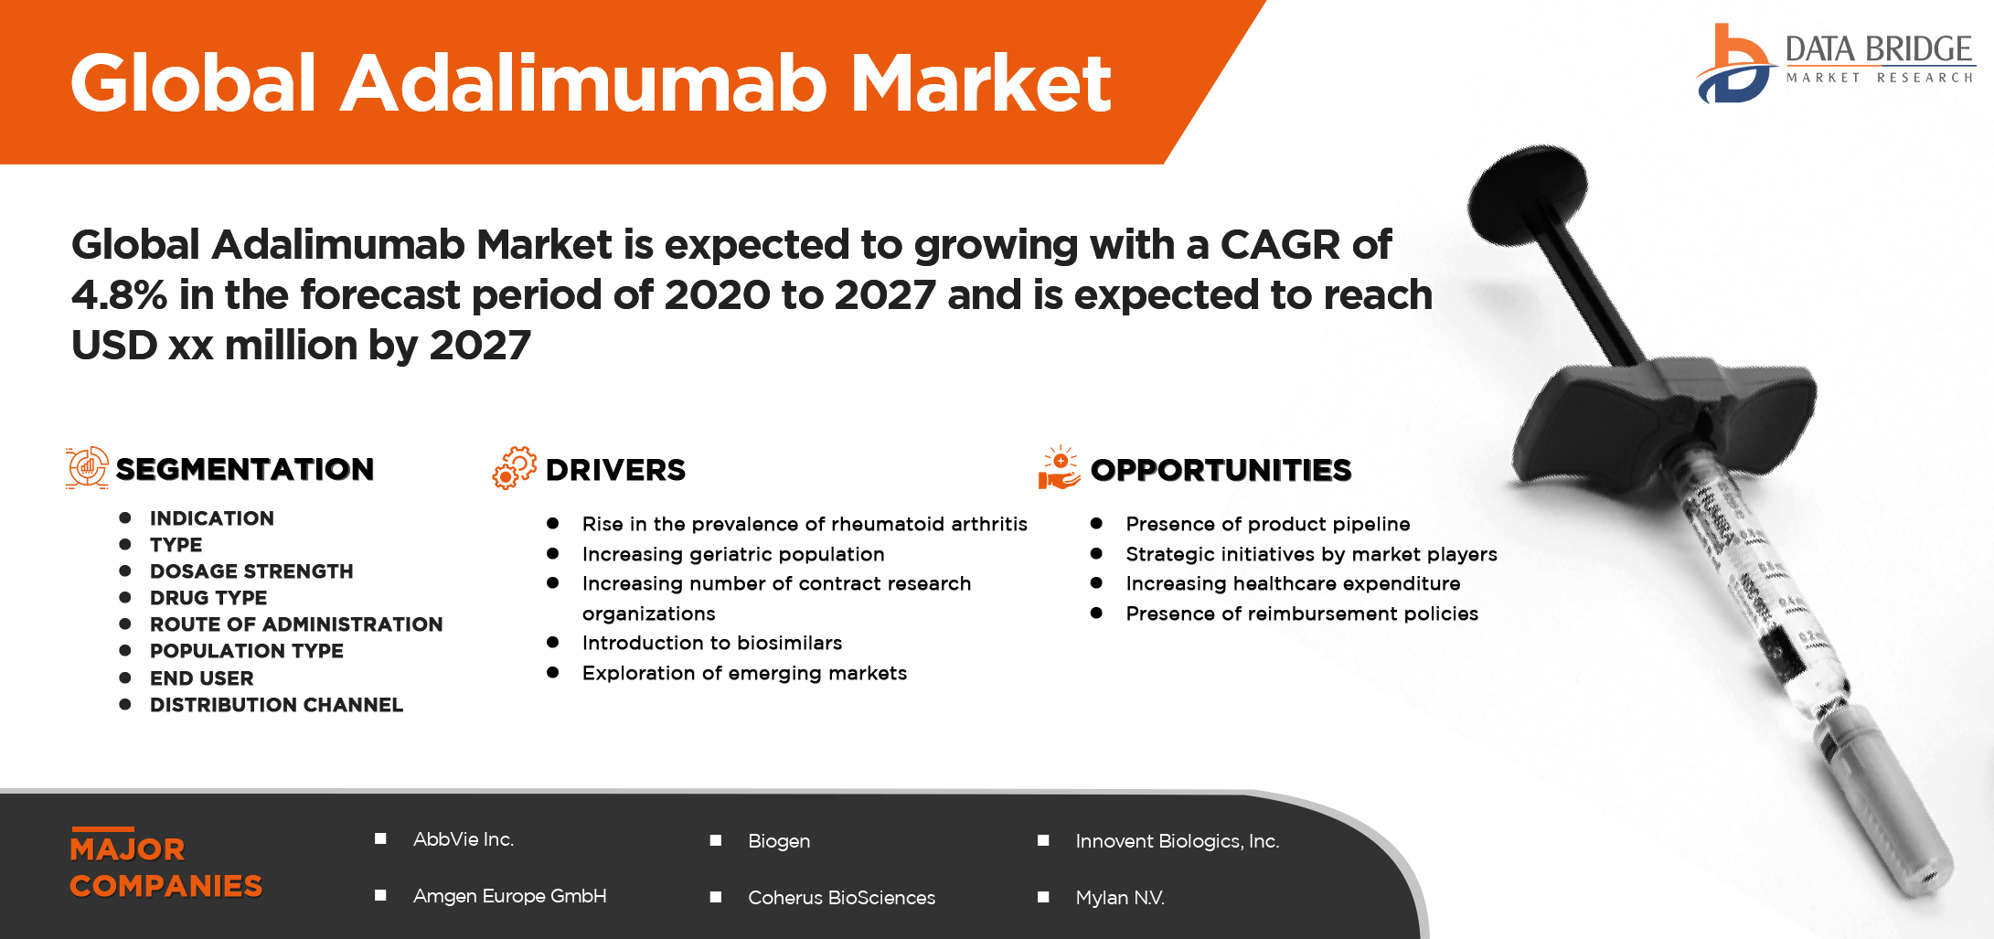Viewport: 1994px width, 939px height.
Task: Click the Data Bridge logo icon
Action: click(1733, 63)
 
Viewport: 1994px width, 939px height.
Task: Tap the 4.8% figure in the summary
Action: click(119, 294)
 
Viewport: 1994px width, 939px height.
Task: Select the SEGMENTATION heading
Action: click(245, 469)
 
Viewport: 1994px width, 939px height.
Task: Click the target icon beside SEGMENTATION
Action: click(87, 468)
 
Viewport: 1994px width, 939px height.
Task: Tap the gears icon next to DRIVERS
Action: click(515, 468)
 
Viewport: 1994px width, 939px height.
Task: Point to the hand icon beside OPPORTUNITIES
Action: click(1059, 467)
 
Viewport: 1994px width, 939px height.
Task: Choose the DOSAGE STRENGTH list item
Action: click(251, 571)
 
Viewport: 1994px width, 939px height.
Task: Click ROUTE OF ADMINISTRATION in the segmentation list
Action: click(296, 624)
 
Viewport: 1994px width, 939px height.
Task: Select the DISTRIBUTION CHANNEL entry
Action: click(276, 705)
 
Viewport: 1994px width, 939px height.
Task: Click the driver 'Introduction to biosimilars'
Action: click(712, 643)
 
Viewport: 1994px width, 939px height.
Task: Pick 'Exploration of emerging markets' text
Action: click(744, 673)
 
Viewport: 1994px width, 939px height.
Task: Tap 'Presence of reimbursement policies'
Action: click(1302, 614)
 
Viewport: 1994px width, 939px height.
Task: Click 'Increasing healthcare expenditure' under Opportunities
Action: click(1293, 583)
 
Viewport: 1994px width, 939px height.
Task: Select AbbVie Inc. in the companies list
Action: click(464, 839)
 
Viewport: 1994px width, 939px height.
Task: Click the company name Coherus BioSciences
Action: click(841, 898)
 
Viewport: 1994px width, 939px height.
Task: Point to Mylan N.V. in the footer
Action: click(1120, 898)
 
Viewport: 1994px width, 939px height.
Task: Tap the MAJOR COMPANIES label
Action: click(165, 867)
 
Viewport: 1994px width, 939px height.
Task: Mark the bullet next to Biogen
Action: click(716, 840)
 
